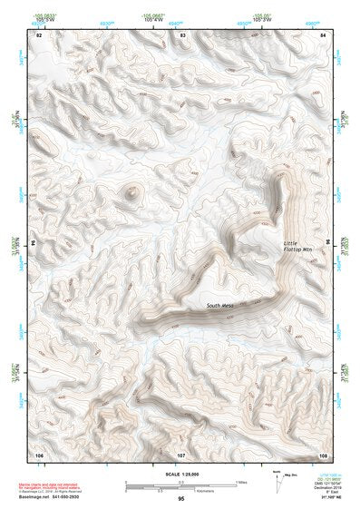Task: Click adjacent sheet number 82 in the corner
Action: pyautogui.click(x=39, y=34)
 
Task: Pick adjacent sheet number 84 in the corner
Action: pyautogui.click(x=324, y=34)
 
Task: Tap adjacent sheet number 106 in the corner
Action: pyautogui.click(x=39, y=454)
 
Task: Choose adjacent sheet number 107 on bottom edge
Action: pyautogui.click(x=181, y=454)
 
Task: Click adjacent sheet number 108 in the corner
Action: pyautogui.click(x=324, y=454)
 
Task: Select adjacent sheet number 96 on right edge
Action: pyautogui.click(x=329, y=243)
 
